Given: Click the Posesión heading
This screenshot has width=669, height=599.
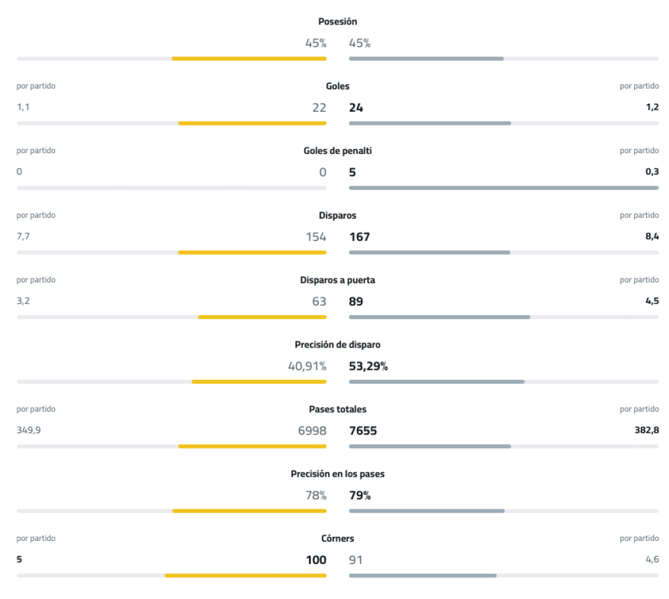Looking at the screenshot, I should [337, 22].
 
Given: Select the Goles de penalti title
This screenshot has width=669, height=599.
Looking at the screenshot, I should [337, 151].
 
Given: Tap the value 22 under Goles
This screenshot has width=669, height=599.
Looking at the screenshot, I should [319, 108].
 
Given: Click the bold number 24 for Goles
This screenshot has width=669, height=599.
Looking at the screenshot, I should [356, 108].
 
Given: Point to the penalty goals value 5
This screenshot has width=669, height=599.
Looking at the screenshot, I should [352, 172].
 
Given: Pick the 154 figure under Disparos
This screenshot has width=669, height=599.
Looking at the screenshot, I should [315, 236].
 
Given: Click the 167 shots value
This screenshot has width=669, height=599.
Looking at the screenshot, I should [359, 236].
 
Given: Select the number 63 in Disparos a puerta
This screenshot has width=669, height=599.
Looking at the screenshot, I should [319, 301].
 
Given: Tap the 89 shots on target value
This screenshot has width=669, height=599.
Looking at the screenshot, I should [356, 301].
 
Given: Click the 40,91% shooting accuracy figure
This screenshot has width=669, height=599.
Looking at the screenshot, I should [307, 366].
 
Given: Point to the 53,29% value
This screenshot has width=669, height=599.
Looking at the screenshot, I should [368, 366].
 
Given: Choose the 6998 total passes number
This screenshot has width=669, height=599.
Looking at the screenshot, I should [312, 431].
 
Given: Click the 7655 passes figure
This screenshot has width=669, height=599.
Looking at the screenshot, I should [363, 431].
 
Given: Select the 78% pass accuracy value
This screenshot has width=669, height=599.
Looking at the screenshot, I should [315, 495].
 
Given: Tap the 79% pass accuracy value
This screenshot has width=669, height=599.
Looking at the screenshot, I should [360, 495].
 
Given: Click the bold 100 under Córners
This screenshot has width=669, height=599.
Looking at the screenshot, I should [316, 560].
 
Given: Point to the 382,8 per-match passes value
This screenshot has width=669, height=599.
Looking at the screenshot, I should [647, 430].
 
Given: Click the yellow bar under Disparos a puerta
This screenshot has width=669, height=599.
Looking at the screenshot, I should [262, 317].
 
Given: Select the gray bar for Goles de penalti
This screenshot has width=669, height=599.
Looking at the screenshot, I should [503, 188].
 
